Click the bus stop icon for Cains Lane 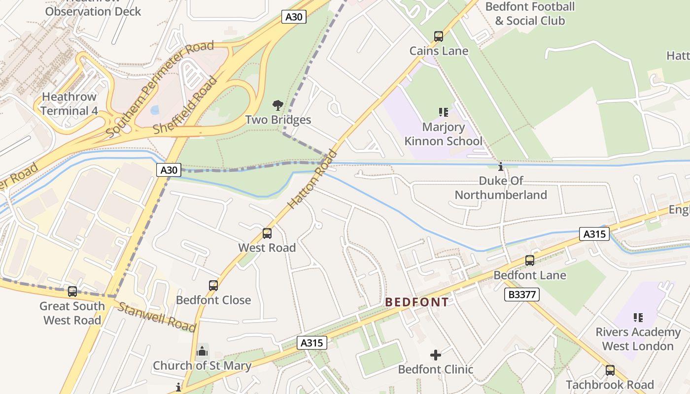438,36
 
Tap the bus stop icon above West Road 267,233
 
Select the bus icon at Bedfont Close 213,286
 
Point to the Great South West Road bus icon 72,292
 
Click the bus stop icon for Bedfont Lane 530,261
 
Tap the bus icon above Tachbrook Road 610,370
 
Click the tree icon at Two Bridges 278,105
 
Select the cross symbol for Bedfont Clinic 436,355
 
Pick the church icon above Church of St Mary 202,351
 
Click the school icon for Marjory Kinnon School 443,112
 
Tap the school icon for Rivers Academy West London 638,318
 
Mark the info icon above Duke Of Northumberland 501,166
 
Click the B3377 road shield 522,295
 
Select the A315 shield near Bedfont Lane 594,234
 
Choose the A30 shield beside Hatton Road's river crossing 169,170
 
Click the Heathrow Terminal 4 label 69,103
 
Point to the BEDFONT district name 417,302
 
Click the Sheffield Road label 185,105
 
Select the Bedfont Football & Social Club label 530,14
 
